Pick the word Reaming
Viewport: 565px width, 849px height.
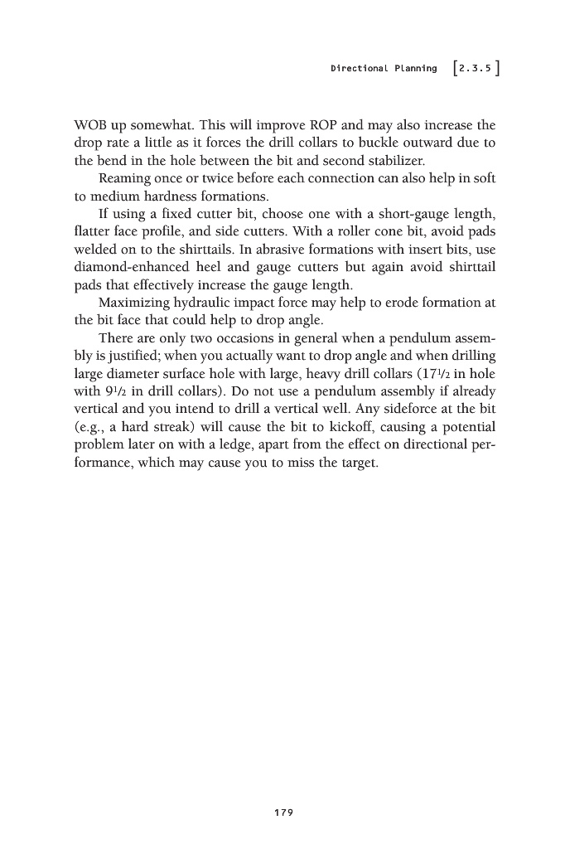click(127, 179)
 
